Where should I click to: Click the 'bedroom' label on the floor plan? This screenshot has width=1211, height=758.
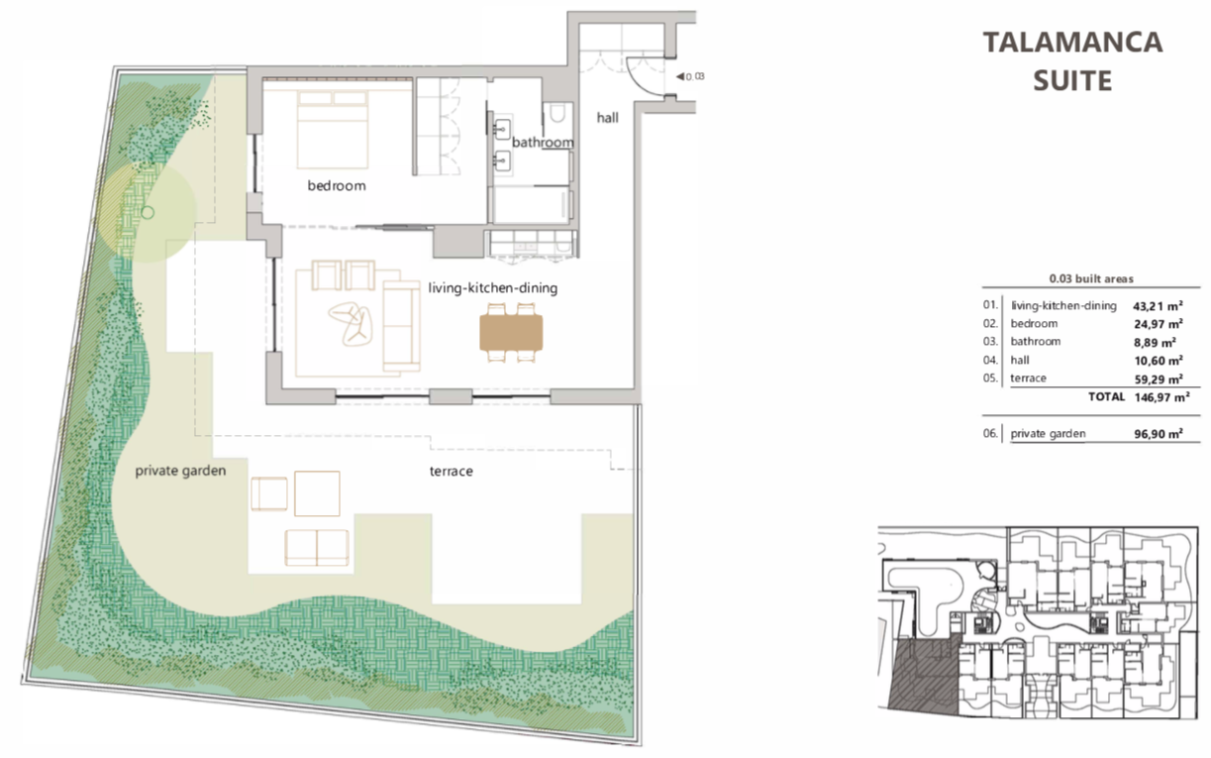tap(337, 185)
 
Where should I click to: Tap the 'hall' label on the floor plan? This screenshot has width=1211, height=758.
tap(608, 117)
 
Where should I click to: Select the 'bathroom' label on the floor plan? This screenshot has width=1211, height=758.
tap(543, 143)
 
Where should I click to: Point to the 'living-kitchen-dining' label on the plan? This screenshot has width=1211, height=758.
tap(492, 287)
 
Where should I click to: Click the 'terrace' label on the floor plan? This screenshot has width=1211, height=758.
tap(451, 472)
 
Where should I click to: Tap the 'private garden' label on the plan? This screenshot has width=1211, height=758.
tap(180, 471)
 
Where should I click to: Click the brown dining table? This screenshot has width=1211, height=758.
tap(511, 333)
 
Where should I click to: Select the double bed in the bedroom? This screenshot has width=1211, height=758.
tap(333, 130)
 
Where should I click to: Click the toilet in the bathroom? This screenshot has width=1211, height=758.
tap(556, 114)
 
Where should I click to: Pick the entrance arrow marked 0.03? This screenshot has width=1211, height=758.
tap(680, 77)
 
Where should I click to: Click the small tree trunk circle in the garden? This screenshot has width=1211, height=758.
tap(148, 213)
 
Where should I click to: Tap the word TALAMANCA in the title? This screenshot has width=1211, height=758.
tap(1072, 43)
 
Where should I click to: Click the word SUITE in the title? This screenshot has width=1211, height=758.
tap(1072, 80)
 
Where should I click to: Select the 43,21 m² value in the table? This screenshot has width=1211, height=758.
tap(1158, 306)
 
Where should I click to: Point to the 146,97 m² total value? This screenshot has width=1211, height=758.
tap(1161, 397)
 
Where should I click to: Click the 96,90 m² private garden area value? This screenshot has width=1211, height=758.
tap(1158, 434)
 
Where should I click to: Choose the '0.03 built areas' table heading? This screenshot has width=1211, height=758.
tap(1091, 278)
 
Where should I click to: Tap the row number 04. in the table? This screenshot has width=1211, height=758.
tap(990, 360)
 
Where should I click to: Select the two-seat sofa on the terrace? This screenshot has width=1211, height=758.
tap(317, 548)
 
